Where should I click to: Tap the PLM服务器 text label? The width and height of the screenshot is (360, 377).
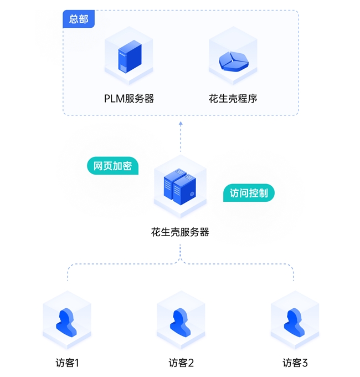(x=128, y=99)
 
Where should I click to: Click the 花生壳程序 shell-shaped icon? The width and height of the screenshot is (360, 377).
(x=233, y=60)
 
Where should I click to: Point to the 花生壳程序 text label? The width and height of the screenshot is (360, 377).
(x=233, y=99)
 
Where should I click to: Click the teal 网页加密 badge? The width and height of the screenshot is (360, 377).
(x=112, y=166)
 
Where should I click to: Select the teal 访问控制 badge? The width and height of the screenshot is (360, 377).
(x=249, y=193)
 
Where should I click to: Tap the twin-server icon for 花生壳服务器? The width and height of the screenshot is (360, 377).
(x=180, y=187)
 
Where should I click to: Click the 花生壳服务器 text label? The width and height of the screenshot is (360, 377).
(x=180, y=232)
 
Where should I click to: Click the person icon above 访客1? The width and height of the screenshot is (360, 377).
(x=66, y=322)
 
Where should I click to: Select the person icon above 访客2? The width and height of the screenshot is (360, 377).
(x=180, y=322)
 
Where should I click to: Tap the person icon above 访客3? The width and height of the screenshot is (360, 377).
(x=294, y=322)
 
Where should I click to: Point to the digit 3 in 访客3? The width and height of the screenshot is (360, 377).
(x=304, y=363)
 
